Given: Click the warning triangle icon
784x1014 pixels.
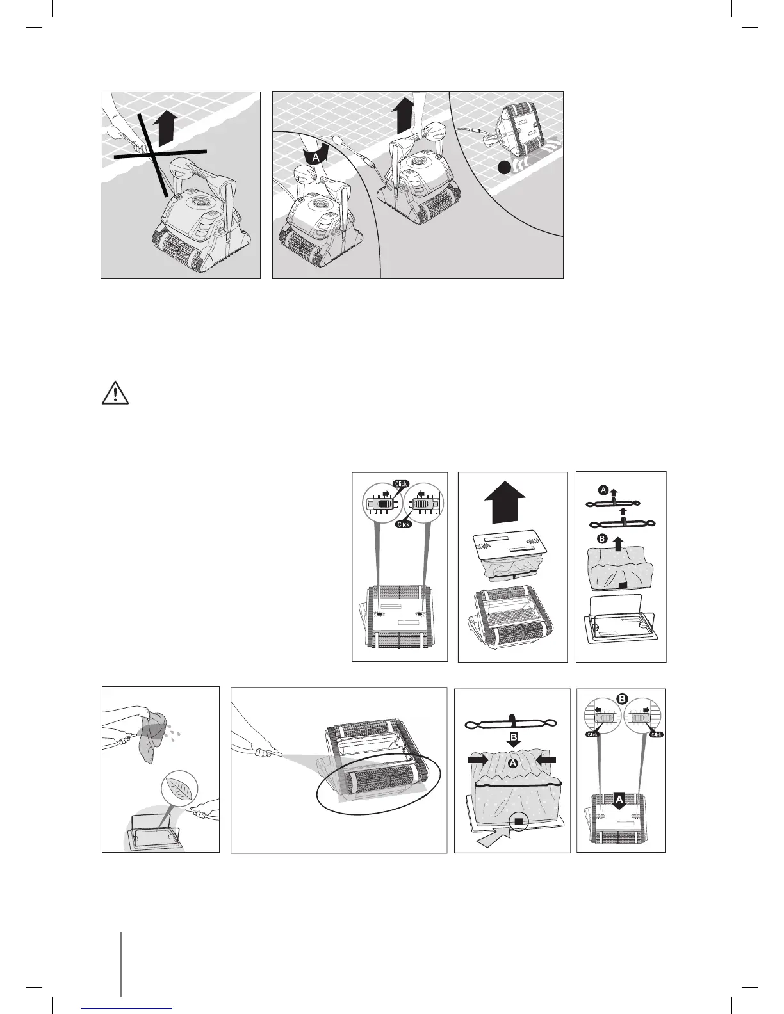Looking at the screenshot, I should click(115, 394).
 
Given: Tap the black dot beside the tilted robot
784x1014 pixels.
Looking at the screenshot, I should click(505, 168).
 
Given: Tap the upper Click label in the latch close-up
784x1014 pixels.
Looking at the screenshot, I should click(401, 484).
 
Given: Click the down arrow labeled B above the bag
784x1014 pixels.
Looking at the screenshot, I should click(511, 739).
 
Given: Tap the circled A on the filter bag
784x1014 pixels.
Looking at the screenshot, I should click(511, 763).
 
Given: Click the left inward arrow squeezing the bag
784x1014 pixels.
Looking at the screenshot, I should click(478, 760).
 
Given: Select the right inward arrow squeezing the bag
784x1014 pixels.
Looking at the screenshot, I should click(545, 760).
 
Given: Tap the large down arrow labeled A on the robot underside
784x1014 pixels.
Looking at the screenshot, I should click(619, 800).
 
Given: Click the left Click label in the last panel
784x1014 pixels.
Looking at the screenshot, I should click(593, 734).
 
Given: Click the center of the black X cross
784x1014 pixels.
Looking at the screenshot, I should click(153, 154).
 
